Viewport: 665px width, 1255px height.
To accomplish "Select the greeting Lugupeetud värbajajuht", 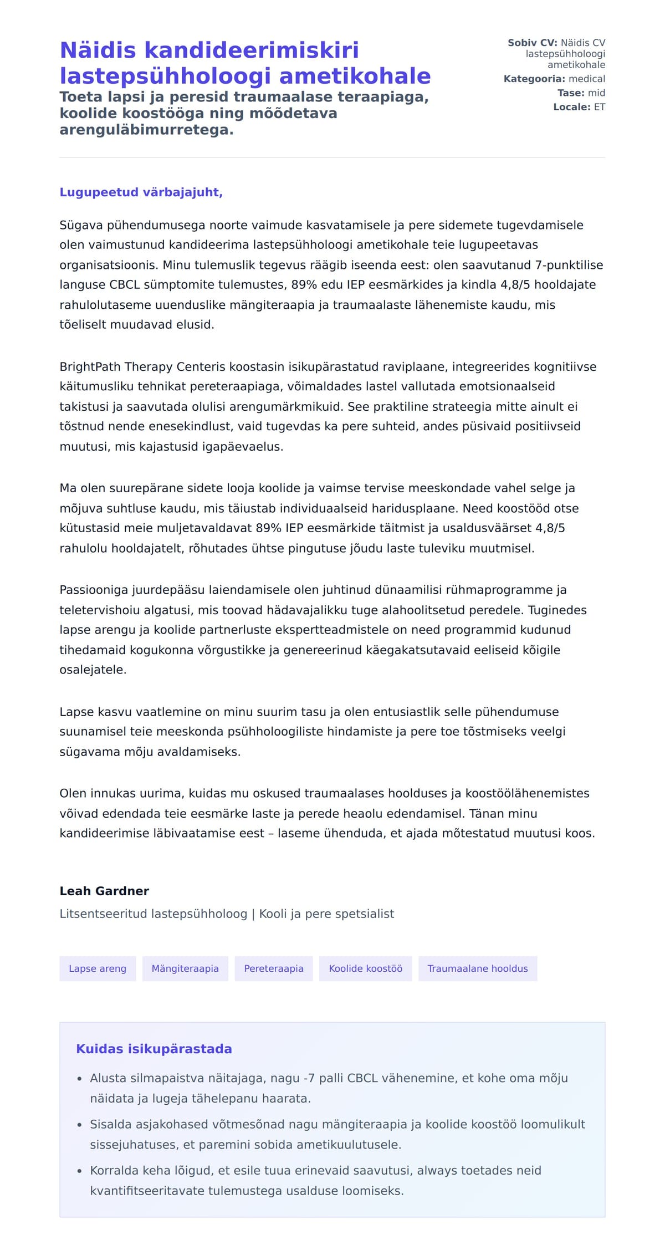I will coord(141,192).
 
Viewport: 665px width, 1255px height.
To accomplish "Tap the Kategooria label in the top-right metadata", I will coord(534,79).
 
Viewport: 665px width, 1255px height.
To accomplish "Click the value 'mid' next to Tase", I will coord(596,93).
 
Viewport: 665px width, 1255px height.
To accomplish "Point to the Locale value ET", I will coord(599,107).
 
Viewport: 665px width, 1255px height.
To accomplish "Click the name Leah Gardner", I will coord(104,891).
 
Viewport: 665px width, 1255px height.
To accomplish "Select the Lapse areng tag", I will coord(98,968).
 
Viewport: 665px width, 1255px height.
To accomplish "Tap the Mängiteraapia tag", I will coord(185,968).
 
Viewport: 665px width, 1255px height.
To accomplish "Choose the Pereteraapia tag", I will coord(274,968).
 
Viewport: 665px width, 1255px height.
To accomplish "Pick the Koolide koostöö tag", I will coord(365,968).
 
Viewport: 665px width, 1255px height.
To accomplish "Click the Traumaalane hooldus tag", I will coord(477,968).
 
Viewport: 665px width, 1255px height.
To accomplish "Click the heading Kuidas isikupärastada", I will coord(154,1049).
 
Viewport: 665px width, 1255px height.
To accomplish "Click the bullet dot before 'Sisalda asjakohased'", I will coord(80,1125).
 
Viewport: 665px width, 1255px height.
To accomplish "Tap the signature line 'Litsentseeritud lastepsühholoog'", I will coord(153,914).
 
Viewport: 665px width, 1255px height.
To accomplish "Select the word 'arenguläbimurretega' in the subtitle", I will coord(146,130).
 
